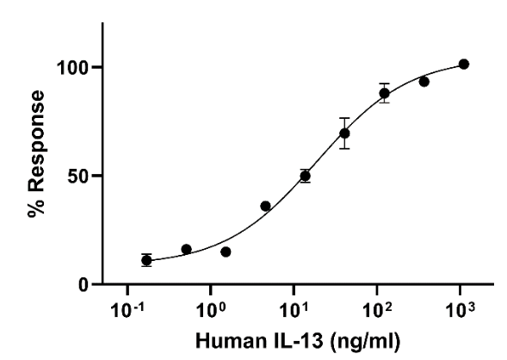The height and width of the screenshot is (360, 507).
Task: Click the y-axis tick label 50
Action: pos(81,176)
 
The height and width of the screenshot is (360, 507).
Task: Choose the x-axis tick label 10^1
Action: pos(294,307)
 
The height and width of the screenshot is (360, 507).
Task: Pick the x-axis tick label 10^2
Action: pos(377,307)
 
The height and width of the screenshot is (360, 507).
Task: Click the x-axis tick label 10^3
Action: pos(461,307)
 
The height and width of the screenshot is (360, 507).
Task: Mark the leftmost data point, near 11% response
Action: pos(146,260)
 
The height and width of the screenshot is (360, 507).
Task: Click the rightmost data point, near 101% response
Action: pos(463,65)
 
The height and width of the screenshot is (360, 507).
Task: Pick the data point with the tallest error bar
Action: pos(344,133)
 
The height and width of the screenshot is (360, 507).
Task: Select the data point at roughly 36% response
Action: pos(265,206)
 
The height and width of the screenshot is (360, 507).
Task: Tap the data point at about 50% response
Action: pos(305,176)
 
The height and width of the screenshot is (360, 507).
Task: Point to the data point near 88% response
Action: pos(384,93)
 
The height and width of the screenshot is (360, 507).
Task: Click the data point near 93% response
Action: pos(424,82)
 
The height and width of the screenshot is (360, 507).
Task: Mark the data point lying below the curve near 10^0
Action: pos(226,251)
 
